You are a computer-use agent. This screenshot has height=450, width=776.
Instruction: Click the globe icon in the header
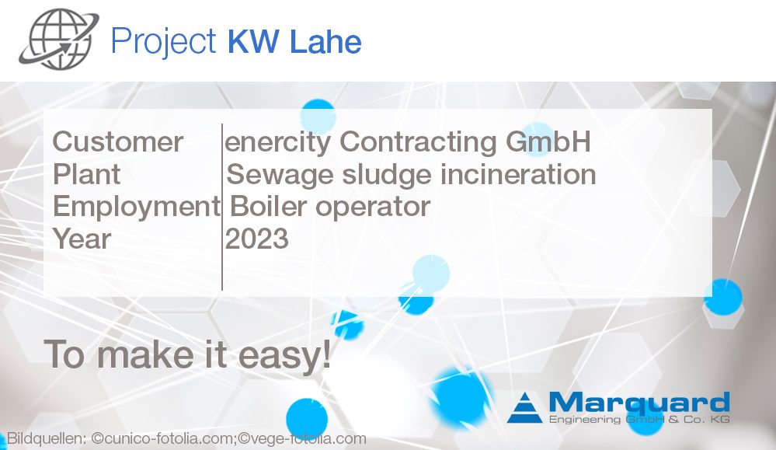[x=59, y=40]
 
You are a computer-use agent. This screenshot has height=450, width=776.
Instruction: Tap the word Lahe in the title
[x=325, y=41]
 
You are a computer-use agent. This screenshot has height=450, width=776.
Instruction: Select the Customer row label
[x=118, y=142]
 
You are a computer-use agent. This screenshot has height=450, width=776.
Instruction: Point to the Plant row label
[x=86, y=174]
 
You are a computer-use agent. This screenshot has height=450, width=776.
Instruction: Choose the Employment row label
[x=136, y=207]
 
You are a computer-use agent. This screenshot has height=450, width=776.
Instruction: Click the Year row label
[x=82, y=239]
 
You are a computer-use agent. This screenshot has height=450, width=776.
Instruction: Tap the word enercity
[x=278, y=142]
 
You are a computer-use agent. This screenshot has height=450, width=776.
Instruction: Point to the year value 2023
[x=257, y=239]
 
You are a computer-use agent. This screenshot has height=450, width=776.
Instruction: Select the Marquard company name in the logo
[x=639, y=403]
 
